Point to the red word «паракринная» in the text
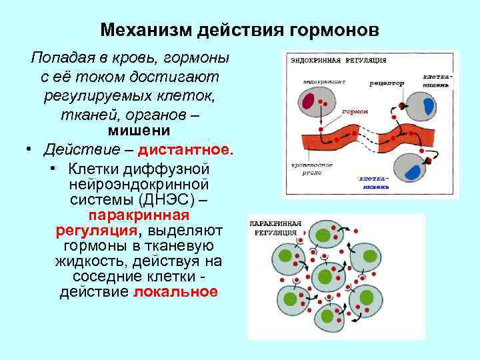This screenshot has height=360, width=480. (139, 216)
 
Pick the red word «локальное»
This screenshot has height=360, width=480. (175, 292)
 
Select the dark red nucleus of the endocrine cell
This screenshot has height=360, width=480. (307, 101)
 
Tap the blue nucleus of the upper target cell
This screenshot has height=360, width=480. (429, 106)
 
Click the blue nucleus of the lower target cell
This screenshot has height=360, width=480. (415, 171)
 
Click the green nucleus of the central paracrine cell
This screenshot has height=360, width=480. (325, 275)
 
